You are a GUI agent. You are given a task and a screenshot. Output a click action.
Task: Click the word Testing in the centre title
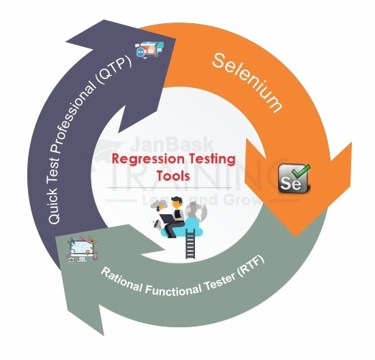210,161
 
